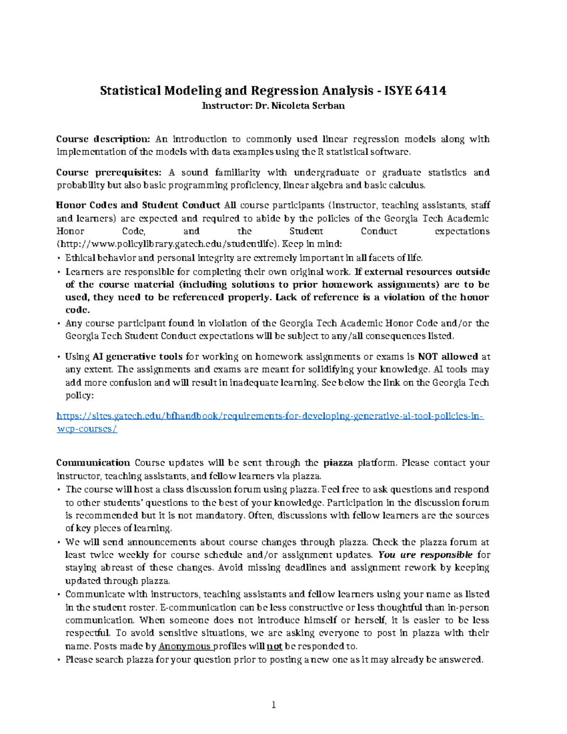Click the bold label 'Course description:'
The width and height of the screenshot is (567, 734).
click(x=103, y=139)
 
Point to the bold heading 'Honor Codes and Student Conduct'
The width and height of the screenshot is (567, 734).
click(x=138, y=205)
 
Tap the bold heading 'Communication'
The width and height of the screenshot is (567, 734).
click(x=93, y=463)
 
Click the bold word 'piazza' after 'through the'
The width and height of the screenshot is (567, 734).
click(x=338, y=463)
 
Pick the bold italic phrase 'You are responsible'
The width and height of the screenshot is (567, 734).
click(x=425, y=555)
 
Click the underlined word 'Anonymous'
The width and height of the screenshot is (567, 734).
click(x=185, y=646)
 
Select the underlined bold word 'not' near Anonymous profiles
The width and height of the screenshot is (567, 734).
click(x=275, y=646)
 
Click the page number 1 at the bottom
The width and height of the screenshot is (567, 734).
click(x=273, y=705)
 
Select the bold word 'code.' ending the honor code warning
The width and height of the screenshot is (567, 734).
click(x=77, y=310)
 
